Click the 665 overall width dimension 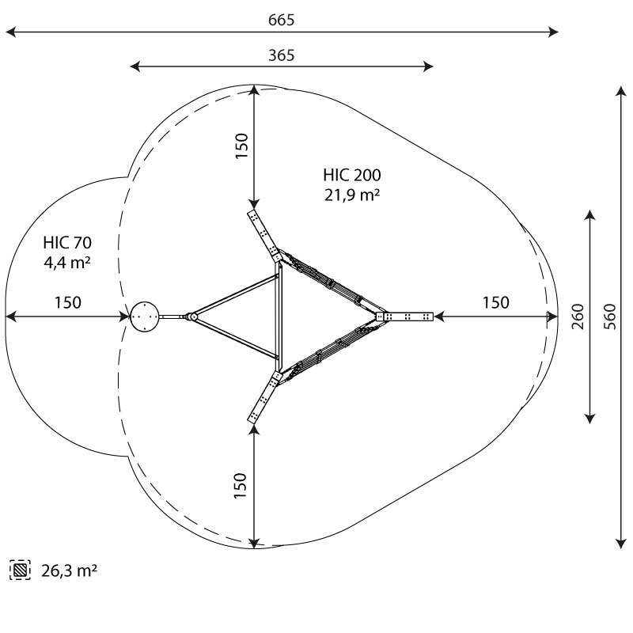pyautogui.click(x=282, y=20)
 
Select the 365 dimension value pyautogui.click(x=282, y=55)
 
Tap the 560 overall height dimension pyautogui.click(x=611, y=316)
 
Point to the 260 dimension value pyautogui.click(x=578, y=316)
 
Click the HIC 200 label pyautogui.click(x=351, y=175)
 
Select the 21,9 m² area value pyautogui.click(x=351, y=195)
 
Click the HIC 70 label pyautogui.click(x=67, y=243)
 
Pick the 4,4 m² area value pyautogui.click(x=67, y=263)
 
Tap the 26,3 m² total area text pyautogui.click(x=69, y=570)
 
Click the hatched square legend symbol pyautogui.click(x=21, y=570)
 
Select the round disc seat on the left pyautogui.click(x=145, y=316)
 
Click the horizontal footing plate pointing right pyautogui.click(x=404, y=316)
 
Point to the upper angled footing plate pyautogui.click(x=264, y=236)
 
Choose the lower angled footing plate pyautogui.click(x=264, y=397)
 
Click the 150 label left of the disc pyautogui.click(x=68, y=302)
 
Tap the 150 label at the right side pyautogui.click(x=496, y=302)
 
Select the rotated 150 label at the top pyautogui.click(x=241, y=146)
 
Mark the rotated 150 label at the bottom pyautogui.click(x=241, y=486)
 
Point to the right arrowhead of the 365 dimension pyautogui.click(x=428, y=66)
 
